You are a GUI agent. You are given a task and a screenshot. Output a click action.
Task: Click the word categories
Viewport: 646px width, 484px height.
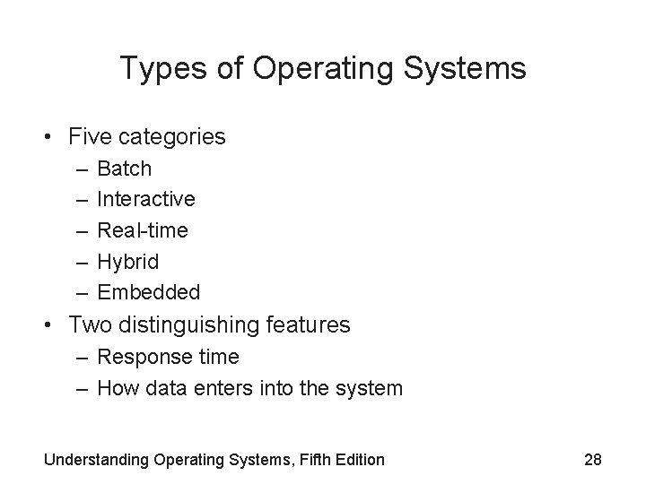coord(171,137)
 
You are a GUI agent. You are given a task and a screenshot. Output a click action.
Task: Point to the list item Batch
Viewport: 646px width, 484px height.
coord(125,169)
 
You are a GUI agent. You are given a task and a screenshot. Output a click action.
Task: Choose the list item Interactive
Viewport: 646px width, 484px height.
coord(146,199)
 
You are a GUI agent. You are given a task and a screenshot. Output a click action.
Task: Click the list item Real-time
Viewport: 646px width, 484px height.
coord(143,230)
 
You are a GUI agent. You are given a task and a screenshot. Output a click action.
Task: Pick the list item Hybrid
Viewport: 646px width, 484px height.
coord(127,262)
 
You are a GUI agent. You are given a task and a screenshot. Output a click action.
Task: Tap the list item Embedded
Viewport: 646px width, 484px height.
coord(149,292)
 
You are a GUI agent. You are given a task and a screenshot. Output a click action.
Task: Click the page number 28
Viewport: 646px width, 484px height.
coord(592,460)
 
